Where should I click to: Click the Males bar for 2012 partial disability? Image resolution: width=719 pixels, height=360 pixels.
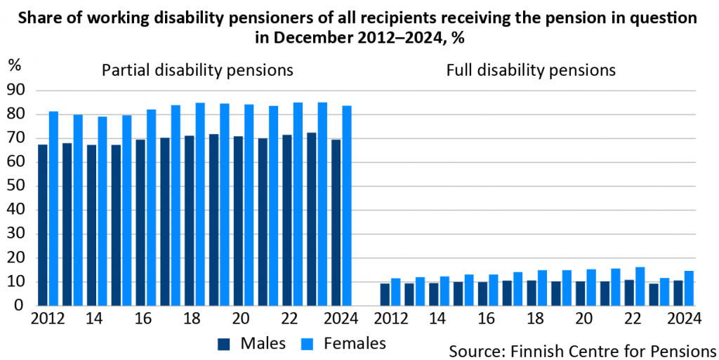pos(43,225)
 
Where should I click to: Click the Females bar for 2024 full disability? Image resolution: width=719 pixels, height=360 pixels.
pos(689,288)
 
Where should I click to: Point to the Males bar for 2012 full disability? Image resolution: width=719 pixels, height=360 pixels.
pos(385,295)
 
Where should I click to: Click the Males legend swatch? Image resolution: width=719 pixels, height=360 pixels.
pos(224,344)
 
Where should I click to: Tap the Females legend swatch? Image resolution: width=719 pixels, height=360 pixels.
pos(308,344)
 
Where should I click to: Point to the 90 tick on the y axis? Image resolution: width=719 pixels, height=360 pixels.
pos(15,91)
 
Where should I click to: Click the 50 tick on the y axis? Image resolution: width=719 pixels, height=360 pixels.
pos(15,186)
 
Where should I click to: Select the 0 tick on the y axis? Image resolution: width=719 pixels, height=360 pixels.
pos(20,306)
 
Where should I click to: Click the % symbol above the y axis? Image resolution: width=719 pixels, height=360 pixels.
pos(15,65)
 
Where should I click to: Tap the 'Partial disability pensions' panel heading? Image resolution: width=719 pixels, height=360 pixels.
pos(197,70)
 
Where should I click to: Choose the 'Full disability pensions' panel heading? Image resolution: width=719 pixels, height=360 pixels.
pos(531,70)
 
